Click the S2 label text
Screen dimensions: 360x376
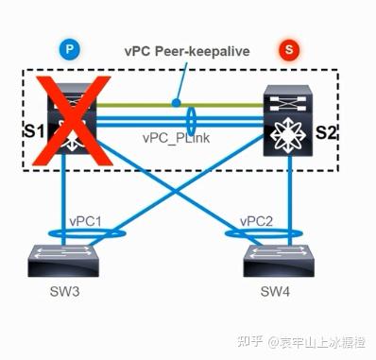click(327, 130)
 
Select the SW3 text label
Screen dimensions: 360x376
click(65, 292)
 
